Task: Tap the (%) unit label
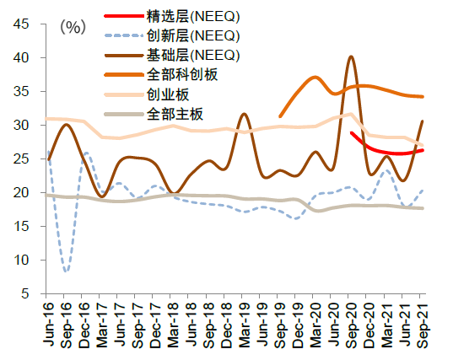tap(73, 28)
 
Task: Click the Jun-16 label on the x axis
tap(49, 324)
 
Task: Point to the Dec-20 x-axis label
tap(369, 324)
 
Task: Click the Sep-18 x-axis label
tap(209, 324)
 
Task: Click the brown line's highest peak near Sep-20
tap(351, 56)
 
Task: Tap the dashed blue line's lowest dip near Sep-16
tap(66, 271)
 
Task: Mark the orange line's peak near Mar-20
tap(315, 77)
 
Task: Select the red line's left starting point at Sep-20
tap(351, 132)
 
